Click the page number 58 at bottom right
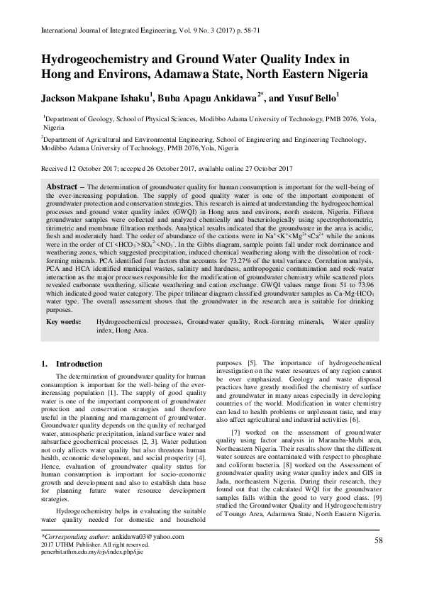click(378, 542)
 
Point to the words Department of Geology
click(78, 121)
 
